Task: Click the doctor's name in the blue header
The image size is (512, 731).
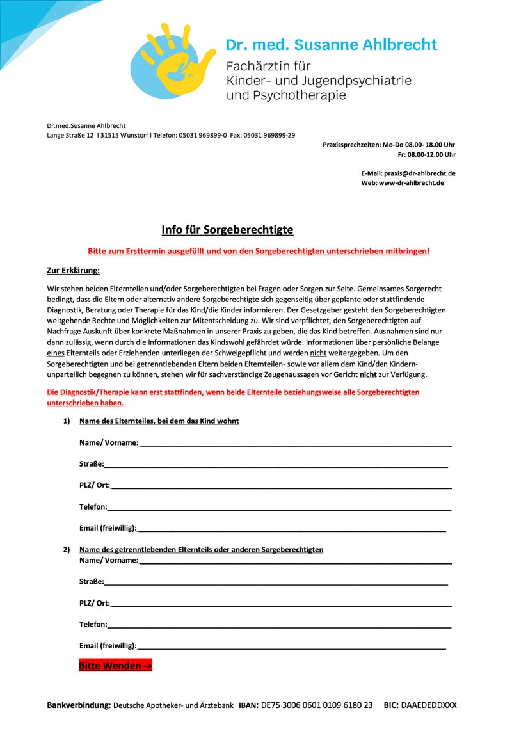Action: (331, 45)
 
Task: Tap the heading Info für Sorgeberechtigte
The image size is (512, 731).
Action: (227, 230)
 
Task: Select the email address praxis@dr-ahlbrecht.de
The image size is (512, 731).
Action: (420, 173)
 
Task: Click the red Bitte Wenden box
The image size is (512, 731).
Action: (115, 666)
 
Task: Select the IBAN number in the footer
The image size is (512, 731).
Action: (316, 705)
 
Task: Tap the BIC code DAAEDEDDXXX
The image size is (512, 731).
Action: (429, 705)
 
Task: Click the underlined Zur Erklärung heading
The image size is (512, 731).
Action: (74, 270)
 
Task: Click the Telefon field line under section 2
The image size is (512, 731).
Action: (279, 626)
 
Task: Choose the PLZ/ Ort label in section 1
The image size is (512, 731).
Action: (95, 485)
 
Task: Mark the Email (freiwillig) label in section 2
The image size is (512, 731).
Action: (108, 645)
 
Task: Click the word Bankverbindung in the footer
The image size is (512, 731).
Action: (79, 705)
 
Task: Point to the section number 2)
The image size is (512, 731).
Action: (67, 549)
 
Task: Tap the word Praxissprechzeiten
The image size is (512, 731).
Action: (351, 145)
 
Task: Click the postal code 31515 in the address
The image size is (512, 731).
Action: (110, 135)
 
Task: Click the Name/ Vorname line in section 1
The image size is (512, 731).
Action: (294, 444)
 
